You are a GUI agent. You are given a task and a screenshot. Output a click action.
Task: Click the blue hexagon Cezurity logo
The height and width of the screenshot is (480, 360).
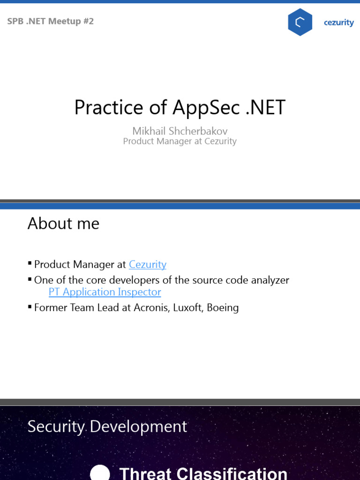click(x=300, y=22)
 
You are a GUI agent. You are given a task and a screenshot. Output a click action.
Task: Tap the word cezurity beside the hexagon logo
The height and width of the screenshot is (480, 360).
click(x=338, y=22)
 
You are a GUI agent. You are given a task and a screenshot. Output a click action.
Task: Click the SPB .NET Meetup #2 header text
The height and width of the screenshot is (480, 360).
click(x=51, y=21)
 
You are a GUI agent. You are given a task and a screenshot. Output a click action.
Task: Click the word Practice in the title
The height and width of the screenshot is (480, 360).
click(x=108, y=107)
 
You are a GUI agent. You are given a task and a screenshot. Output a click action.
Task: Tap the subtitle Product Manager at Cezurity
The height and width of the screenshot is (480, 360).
click(x=180, y=141)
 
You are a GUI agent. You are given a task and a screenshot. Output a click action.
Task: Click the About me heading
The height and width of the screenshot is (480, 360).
click(x=63, y=223)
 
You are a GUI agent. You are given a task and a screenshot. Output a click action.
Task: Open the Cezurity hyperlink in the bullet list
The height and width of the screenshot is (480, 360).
click(x=148, y=264)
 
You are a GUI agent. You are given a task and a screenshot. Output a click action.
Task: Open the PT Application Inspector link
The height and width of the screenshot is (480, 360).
click(x=105, y=292)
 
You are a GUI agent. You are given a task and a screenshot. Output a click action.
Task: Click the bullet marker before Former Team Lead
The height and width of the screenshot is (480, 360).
click(x=30, y=307)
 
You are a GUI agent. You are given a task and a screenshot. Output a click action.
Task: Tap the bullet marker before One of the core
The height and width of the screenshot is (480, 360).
click(x=30, y=279)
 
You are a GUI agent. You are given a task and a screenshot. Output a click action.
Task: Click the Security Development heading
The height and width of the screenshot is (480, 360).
click(x=107, y=427)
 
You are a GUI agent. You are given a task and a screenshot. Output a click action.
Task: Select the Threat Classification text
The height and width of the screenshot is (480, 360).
click(x=203, y=472)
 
